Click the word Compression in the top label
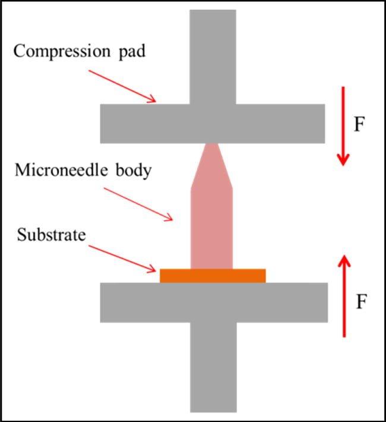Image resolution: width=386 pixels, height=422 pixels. click(x=62, y=51)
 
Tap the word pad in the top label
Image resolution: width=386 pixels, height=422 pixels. click(x=132, y=51)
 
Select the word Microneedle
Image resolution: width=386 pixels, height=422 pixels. click(x=61, y=170)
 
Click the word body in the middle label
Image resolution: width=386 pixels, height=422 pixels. click(x=134, y=171)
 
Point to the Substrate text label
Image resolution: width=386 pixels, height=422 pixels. click(x=52, y=235)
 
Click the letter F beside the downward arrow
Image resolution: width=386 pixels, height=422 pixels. click(x=359, y=124)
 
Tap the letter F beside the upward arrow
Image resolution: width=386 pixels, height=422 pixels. click(x=362, y=301)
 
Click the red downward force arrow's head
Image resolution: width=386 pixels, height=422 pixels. click(x=343, y=160)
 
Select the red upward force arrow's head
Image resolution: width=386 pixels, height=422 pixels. click(x=344, y=260)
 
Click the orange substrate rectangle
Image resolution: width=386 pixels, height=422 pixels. click(x=213, y=276)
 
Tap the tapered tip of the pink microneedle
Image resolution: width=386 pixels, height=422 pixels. click(x=211, y=165)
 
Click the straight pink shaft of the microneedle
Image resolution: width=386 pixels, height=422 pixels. click(x=211, y=229)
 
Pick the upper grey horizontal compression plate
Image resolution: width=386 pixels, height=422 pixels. click(x=213, y=124)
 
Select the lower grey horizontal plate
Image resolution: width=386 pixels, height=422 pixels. click(x=214, y=303)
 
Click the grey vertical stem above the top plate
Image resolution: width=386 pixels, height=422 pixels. click(x=213, y=57)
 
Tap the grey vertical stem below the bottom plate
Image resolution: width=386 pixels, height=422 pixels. click(x=213, y=367)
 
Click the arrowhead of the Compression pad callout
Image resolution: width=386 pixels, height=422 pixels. click(x=153, y=100)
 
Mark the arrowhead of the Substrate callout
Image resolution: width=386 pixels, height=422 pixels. click(x=152, y=269)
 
